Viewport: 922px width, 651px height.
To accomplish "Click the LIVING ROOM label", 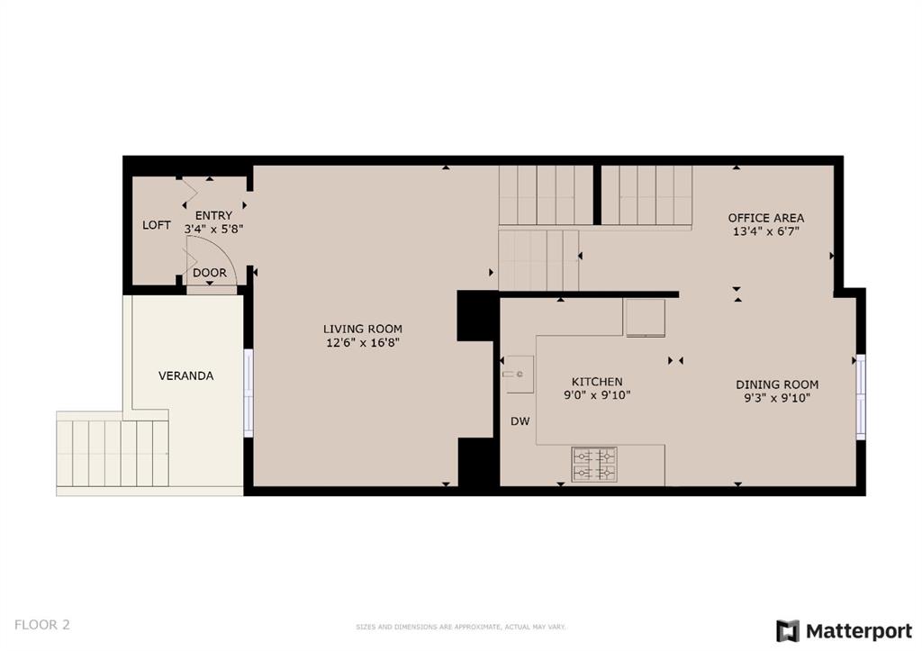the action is click(362, 330).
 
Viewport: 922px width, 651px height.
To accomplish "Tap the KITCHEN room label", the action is click(597, 382).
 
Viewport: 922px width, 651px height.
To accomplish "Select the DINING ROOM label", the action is click(777, 384).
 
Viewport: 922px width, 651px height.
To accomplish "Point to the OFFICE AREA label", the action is click(765, 218).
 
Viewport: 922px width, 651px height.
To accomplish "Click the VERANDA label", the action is click(185, 375).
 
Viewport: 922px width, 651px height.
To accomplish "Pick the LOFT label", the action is click(157, 225).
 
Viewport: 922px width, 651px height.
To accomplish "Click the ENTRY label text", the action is click(213, 215).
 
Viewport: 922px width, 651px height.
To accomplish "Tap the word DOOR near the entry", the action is click(209, 273).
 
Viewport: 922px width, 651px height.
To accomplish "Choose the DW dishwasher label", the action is click(520, 421).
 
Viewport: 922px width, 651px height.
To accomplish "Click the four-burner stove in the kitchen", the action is click(594, 464).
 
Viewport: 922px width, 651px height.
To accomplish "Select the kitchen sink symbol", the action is click(520, 374).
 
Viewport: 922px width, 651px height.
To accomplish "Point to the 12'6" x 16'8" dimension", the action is click(363, 343).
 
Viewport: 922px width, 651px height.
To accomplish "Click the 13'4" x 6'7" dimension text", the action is click(765, 231).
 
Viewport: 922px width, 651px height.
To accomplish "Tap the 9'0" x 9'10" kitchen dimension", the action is click(597, 395).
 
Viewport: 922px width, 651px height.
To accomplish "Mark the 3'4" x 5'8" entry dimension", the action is click(213, 229).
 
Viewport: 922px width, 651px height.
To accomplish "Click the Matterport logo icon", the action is click(787, 631).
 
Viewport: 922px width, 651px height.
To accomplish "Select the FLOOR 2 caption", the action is click(41, 625).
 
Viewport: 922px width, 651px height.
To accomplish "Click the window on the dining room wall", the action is click(860, 396).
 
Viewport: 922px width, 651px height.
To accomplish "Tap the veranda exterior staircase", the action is click(113, 453).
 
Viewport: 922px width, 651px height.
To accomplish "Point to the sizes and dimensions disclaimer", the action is click(460, 627).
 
